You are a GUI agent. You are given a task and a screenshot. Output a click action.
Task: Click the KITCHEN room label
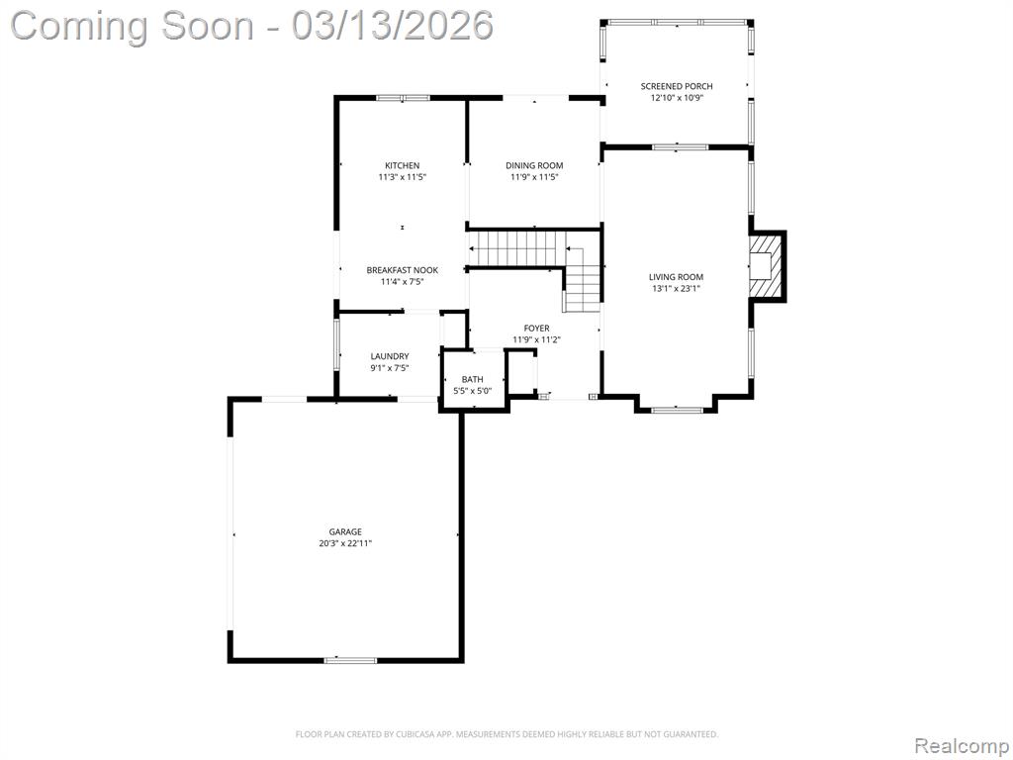point(402,165)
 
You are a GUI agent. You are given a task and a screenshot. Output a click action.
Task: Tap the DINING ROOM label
point(534,165)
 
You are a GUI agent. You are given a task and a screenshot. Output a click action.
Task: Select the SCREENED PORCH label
point(677,86)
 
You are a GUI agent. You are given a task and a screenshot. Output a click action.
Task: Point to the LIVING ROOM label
point(676,277)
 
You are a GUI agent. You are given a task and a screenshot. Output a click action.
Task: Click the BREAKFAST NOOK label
point(402,270)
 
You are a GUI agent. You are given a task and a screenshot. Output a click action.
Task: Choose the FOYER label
point(536,329)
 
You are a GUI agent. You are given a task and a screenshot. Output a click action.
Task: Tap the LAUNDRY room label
point(390,356)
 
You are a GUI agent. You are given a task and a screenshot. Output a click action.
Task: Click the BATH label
point(472,379)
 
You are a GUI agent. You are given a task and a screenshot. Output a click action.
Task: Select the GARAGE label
point(345,531)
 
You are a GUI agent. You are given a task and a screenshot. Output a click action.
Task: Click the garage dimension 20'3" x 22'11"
point(345,543)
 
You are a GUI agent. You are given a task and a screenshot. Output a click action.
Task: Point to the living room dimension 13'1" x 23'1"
point(676,289)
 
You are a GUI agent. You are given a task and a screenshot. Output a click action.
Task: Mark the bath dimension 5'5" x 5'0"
point(472,391)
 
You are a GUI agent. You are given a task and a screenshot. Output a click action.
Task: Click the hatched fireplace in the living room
point(766,265)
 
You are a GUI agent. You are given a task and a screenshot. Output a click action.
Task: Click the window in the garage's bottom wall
point(350,660)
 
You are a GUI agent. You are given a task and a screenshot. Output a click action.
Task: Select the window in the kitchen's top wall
point(404,98)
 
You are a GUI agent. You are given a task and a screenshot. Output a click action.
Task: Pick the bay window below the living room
point(677,409)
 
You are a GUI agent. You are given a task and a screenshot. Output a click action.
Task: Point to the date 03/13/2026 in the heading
point(392,26)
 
